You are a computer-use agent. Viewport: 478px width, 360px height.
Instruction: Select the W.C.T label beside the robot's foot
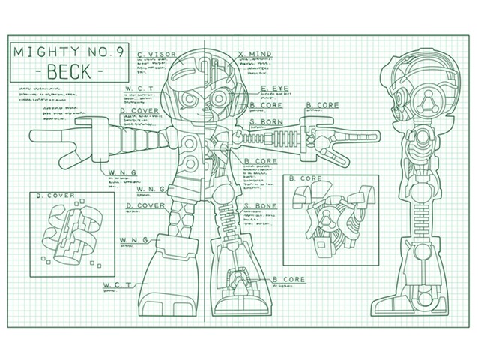118,285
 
